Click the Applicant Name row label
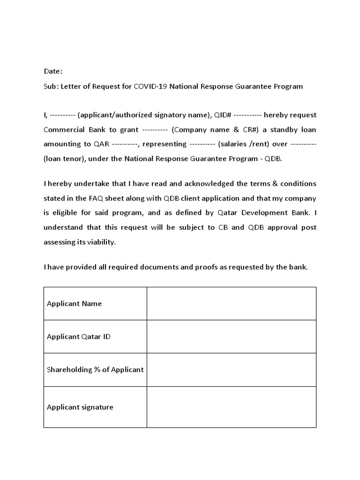pos(74,304)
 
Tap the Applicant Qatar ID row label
pos(79,337)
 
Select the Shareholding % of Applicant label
pos(95,369)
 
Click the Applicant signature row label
pos(80,407)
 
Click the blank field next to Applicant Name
pos(231,304)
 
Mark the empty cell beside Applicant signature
pos(231,407)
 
